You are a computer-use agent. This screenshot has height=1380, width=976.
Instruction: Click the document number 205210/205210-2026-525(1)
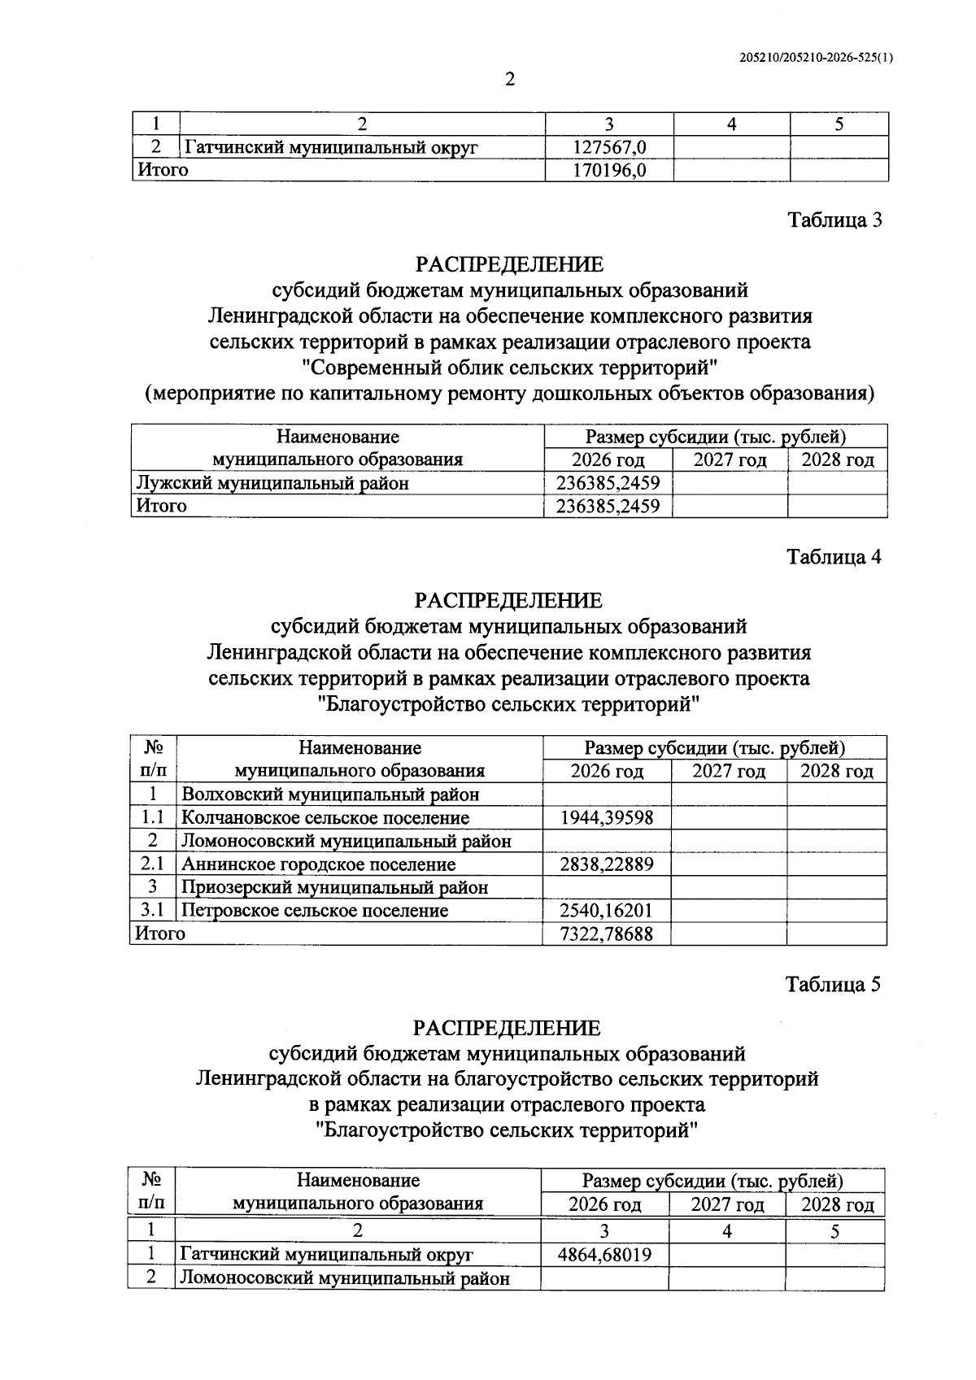(x=816, y=58)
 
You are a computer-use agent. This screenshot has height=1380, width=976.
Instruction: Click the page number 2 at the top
(x=510, y=80)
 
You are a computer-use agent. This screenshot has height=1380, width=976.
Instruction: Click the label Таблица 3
(x=834, y=220)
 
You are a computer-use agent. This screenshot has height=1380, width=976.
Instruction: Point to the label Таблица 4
(x=834, y=557)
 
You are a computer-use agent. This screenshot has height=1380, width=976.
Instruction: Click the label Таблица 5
(x=834, y=985)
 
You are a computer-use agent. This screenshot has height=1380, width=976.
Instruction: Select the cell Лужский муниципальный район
(x=272, y=483)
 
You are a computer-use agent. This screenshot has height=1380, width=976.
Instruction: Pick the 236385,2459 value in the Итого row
(x=608, y=506)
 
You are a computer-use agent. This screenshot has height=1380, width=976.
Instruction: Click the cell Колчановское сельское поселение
(x=325, y=817)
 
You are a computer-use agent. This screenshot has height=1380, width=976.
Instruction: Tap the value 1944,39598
(x=607, y=817)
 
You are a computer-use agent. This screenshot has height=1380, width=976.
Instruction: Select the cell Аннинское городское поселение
(x=318, y=864)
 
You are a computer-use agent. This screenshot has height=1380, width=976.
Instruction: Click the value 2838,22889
(x=607, y=864)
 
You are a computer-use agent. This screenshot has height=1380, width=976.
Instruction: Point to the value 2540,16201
(x=607, y=911)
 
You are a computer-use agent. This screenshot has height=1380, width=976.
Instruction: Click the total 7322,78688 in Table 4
(x=607, y=934)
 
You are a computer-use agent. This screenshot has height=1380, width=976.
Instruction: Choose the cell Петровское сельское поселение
(x=315, y=911)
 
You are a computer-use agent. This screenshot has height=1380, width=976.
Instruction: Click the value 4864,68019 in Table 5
(x=604, y=1255)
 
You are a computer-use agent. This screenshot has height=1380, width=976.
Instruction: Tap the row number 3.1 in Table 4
(x=153, y=911)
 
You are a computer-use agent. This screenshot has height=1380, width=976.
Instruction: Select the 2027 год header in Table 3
(x=730, y=459)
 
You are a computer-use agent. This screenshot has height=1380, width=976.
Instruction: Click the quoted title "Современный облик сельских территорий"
(x=510, y=368)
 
